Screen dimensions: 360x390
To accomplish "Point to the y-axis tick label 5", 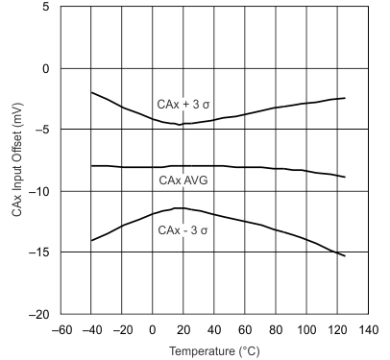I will (x=46, y=8).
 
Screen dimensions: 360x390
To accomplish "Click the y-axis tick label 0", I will (x=46, y=69).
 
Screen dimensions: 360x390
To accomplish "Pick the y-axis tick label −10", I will (x=40, y=192).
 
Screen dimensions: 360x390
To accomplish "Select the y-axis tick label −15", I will (x=40, y=253).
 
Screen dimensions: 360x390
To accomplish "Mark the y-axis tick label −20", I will (x=40, y=315).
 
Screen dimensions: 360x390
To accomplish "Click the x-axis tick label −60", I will (x=61, y=330).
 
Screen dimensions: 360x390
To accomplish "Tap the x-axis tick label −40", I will (x=91, y=330).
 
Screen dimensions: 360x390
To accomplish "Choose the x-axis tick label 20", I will (x=183, y=330).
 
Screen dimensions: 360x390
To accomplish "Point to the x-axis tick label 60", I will (x=245, y=330).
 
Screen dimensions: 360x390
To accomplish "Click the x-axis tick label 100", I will (x=306, y=330).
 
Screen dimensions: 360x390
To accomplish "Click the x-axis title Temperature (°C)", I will (x=213, y=351).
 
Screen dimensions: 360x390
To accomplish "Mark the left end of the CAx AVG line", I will (x=91, y=166).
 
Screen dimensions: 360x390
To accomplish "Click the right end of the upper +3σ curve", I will (x=345, y=98).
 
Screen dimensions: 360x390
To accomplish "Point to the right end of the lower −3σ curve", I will (x=345, y=256).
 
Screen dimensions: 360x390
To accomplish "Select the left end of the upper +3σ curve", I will (x=91, y=92).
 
